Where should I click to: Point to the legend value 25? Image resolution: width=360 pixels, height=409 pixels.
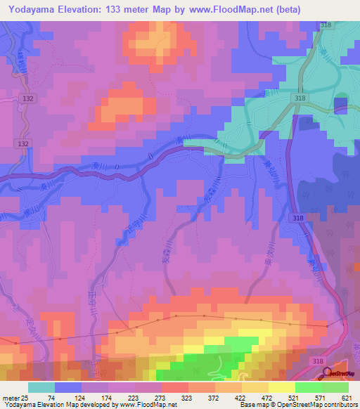point(27,397)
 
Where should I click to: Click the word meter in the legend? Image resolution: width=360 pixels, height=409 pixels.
point(11,397)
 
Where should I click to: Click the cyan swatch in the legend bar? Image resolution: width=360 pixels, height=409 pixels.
point(41,387)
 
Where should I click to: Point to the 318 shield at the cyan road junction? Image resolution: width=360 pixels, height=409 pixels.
point(300,98)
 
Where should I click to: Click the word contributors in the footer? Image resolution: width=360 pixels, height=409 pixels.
point(341,405)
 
